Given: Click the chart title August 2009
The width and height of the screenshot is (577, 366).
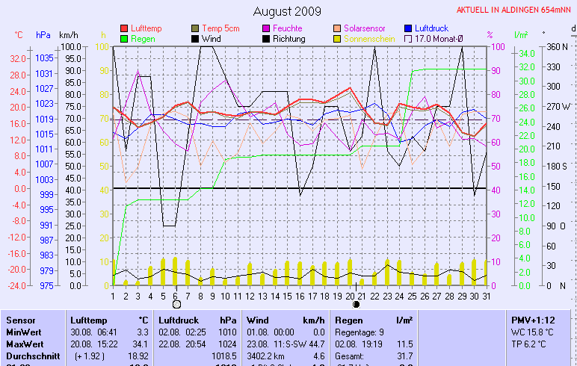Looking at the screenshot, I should (x=287, y=11).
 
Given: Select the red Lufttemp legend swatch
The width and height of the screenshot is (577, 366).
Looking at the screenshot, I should (x=124, y=28).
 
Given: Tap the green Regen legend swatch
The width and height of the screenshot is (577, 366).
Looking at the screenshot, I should (x=124, y=38).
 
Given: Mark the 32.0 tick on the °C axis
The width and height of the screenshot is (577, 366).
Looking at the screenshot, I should (x=18, y=58).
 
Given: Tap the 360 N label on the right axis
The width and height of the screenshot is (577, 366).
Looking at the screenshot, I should (x=558, y=46).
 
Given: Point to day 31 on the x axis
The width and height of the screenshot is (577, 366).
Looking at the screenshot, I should (x=486, y=296).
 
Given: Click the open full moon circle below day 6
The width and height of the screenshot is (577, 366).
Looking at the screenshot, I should (x=176, y=305).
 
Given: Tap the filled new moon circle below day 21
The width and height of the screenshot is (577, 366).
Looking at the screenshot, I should (x=357, y=305).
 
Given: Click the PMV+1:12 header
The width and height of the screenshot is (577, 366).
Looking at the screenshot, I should (x=531, y=320).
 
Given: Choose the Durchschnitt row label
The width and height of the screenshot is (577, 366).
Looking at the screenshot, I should (x=32, y=356).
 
